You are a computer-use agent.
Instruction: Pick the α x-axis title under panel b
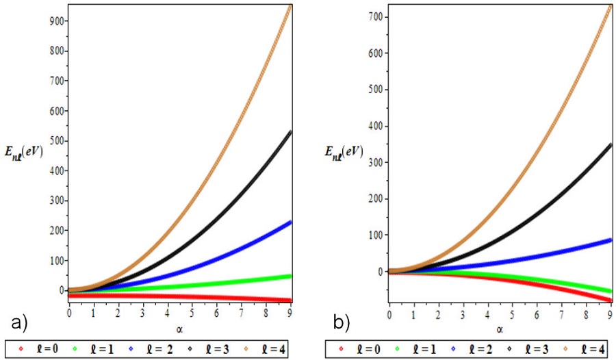500,329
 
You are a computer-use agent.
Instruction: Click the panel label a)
16,322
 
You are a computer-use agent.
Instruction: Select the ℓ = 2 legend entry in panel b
472,348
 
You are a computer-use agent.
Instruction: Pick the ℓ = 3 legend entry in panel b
528,348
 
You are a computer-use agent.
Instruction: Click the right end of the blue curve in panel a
291,222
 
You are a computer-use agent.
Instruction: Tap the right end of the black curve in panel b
609,145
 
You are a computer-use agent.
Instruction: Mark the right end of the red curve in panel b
609,300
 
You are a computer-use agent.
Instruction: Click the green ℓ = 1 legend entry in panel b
415,348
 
